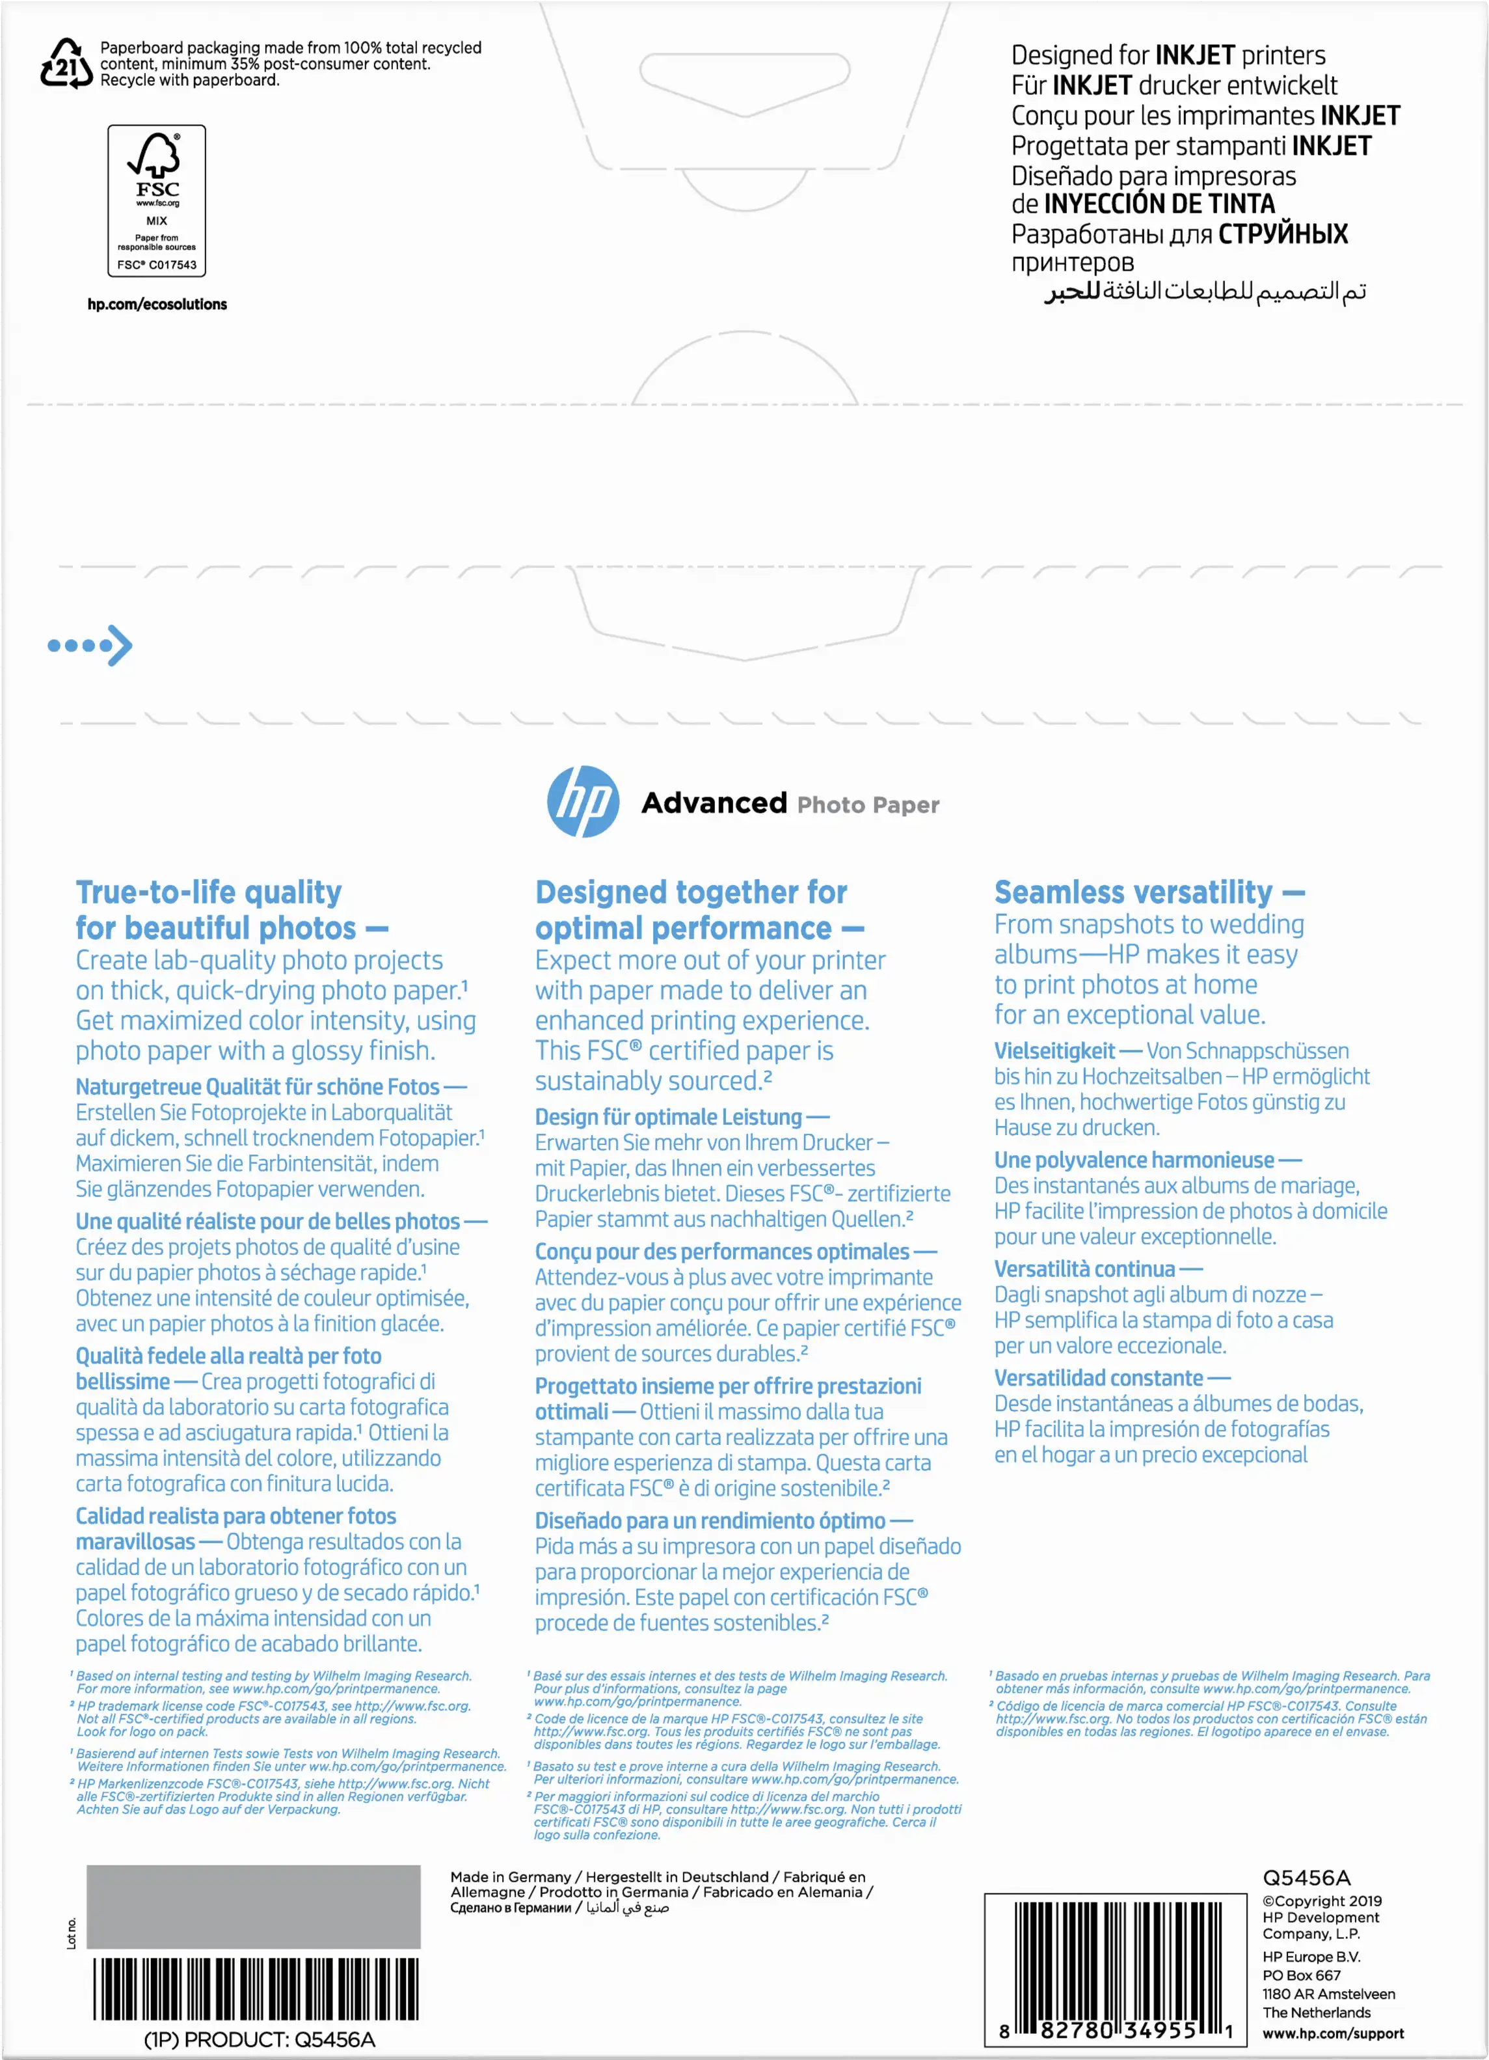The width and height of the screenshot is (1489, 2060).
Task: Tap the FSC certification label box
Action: (157, 200)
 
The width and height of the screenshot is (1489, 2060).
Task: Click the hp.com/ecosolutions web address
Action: (157, 304)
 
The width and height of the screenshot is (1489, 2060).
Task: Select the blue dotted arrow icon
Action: (90, 646)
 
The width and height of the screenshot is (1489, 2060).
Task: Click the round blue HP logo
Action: (583, 802)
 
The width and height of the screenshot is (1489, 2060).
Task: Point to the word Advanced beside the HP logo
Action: (714, 803)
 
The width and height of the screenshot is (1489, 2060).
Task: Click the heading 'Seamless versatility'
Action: (1133, 892)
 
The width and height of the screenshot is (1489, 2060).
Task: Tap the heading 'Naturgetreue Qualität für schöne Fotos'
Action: (258, 1087)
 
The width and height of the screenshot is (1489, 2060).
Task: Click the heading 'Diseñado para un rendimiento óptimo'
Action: (710, 1520)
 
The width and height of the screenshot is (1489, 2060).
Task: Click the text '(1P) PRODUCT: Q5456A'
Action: (260, 2039)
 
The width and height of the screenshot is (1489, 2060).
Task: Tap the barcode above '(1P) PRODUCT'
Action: (256, 1988)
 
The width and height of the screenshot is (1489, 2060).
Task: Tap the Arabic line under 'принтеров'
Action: (1205, 292)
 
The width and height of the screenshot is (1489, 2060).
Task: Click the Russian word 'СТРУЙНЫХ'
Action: (1282, 234)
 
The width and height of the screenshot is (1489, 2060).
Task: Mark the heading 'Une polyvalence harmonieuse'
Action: (1134, 1160)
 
